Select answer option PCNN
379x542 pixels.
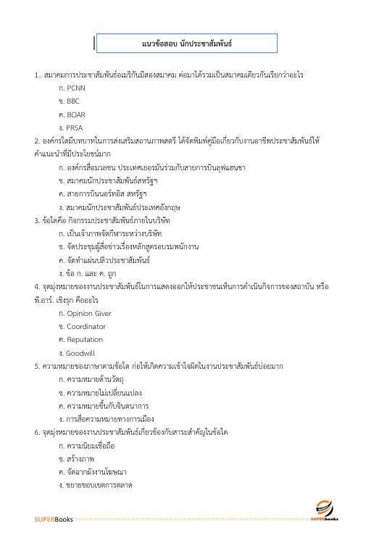pyautogui.click(x=76, y=88)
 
